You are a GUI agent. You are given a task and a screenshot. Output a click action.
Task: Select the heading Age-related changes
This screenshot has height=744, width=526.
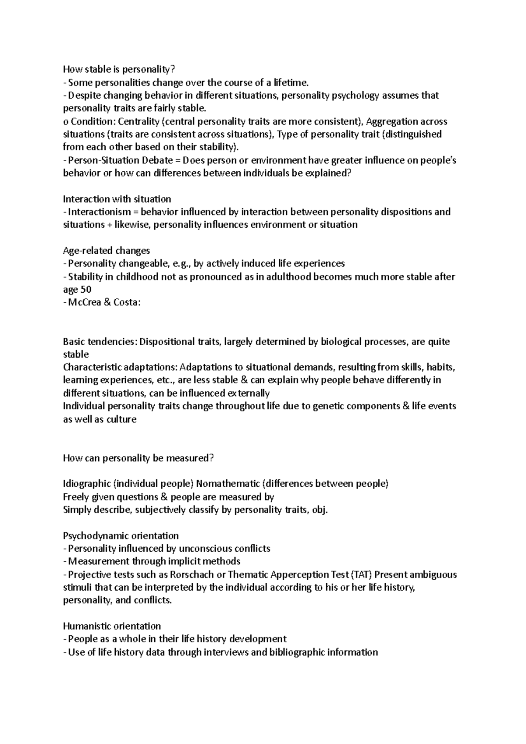107,251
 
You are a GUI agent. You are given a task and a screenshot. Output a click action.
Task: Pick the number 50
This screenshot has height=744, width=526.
86,290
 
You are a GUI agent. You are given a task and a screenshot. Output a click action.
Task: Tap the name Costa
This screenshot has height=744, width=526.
126,303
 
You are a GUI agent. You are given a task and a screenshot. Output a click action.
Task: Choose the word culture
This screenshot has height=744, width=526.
121,419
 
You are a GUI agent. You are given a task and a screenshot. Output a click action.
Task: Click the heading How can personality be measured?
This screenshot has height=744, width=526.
139,458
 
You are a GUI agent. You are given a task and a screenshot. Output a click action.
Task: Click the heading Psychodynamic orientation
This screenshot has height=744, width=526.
121,536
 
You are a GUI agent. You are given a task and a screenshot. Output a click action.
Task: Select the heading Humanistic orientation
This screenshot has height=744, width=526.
112,626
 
